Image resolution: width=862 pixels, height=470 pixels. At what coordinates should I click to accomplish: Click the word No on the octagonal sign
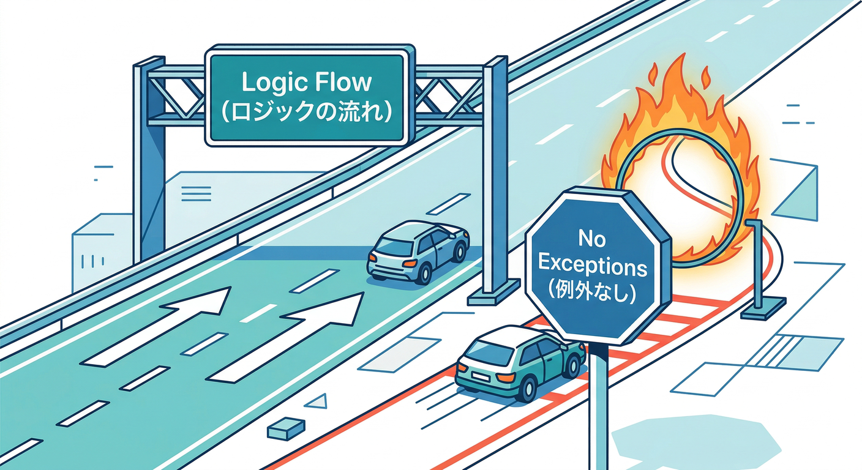point(592,239)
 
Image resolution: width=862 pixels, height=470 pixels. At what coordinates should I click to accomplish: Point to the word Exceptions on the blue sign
point(592,266)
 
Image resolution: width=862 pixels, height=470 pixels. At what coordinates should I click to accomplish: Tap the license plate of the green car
point(479,376)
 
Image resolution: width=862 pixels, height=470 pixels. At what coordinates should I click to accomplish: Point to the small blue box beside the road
point(286,428)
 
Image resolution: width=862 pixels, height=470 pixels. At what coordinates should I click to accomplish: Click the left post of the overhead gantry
point(150,162)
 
